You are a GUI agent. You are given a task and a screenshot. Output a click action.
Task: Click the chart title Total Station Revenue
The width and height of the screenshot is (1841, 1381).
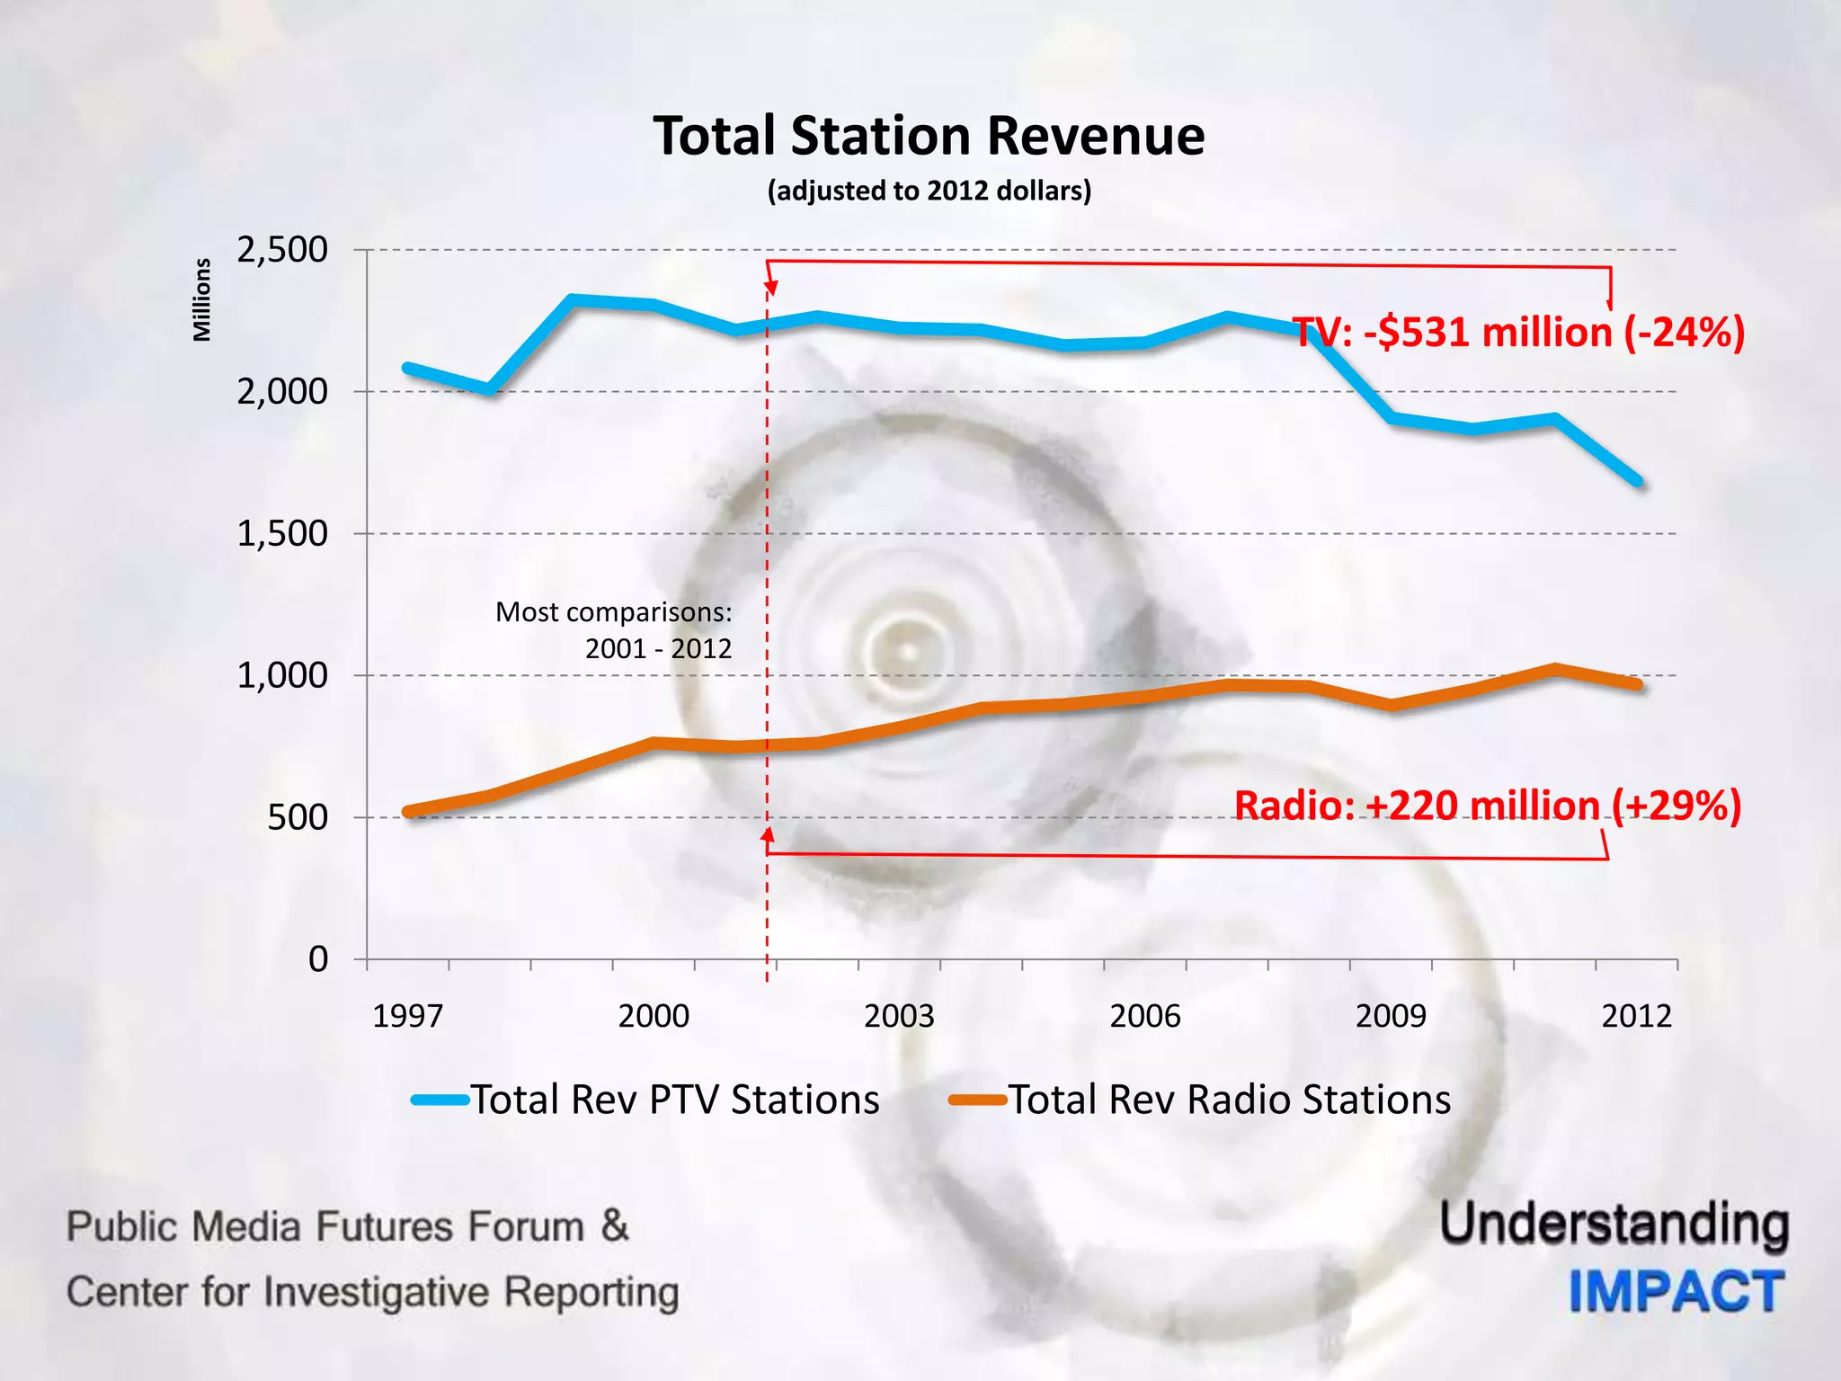coord(929,137)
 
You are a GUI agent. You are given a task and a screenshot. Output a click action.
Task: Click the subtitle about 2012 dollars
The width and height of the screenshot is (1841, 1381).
coord(929,191)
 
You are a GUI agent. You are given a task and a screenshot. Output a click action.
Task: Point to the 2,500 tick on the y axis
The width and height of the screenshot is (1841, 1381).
coord(282,250)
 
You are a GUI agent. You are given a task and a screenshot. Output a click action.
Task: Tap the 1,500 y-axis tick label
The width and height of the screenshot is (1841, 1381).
coord(282,534)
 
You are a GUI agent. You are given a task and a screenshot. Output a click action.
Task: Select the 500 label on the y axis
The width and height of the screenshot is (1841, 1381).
coord(298,817)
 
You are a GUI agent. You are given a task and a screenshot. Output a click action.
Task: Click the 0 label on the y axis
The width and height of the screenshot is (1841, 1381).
coord(318,959)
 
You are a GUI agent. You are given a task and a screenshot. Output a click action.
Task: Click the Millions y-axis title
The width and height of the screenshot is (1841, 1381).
coord(202,299)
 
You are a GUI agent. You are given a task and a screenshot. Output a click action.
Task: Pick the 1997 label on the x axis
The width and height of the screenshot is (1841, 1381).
coord(407,1016)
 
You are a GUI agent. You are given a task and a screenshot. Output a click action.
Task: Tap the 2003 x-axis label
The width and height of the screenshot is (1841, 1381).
coord(899,1016)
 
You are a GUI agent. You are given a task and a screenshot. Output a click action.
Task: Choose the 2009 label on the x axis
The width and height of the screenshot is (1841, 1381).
coord(1391,1016)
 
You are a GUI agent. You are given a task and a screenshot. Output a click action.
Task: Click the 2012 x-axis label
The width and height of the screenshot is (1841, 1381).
coord(1636,1016)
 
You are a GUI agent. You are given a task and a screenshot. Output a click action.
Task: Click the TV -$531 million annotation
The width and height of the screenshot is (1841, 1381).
coord(1517,333)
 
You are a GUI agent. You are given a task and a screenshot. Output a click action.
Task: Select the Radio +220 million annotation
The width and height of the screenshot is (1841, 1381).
coord(1488,805)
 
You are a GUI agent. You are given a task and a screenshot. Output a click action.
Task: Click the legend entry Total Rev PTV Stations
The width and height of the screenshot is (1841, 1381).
coord(674,1100)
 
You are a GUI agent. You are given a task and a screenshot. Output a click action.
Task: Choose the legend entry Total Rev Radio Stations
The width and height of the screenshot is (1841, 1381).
coord(1229,1100)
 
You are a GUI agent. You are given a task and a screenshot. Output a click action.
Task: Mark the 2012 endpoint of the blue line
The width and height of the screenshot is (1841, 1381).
coord(1638,482)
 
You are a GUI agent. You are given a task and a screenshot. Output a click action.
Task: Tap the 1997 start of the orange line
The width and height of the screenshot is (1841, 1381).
coord(408,812)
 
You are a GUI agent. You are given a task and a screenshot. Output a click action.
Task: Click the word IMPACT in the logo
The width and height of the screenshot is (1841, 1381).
coord(1676,1292)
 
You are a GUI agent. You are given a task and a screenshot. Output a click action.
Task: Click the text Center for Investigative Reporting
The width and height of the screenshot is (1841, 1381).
coord(372,1292)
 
